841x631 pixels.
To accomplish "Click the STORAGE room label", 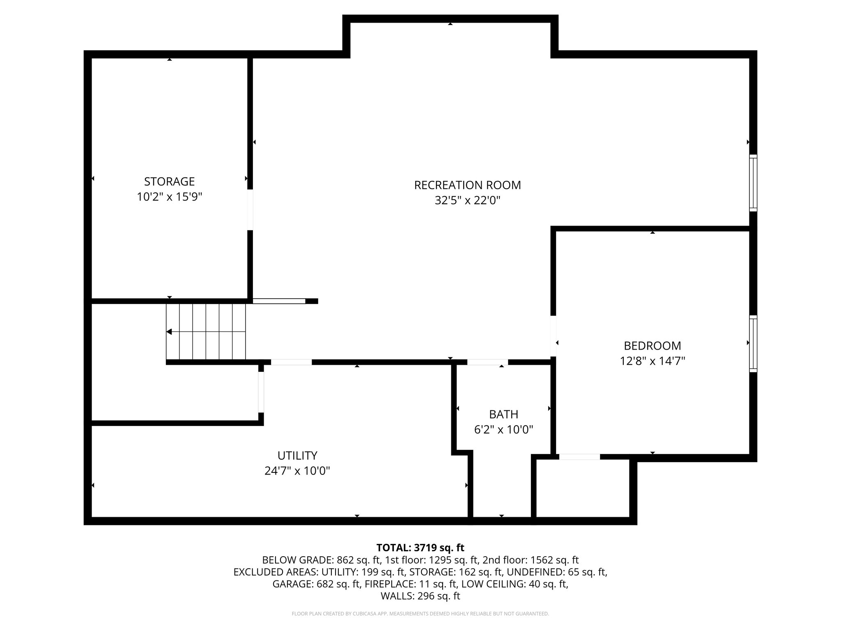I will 169,181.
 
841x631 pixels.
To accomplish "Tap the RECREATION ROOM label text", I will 467,185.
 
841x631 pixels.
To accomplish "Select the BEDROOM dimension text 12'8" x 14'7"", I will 652,361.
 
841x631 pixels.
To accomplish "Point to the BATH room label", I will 503,414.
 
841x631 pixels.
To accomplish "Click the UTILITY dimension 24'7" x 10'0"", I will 297,471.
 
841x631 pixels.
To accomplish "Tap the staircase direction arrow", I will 169,332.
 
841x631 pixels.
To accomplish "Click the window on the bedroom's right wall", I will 753,343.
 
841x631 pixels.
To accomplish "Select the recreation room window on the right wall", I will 753,183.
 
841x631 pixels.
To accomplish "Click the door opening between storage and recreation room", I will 250,209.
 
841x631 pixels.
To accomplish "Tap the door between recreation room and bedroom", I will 553,336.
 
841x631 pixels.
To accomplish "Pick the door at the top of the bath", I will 487,362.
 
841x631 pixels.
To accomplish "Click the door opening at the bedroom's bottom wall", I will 579,457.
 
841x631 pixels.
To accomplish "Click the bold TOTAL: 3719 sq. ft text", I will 420,548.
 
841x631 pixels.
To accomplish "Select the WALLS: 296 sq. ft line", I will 420,596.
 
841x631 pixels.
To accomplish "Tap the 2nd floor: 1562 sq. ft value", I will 531,560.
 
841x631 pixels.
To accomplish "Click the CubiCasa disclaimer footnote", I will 420,614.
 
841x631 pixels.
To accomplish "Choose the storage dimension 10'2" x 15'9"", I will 169,197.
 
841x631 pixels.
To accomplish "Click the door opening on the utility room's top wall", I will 291,362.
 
